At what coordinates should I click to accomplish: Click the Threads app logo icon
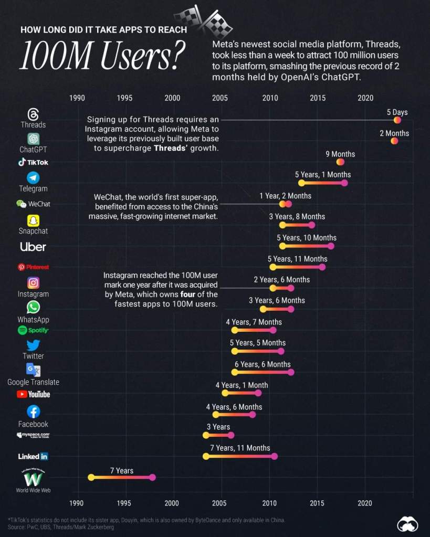pyautogui.click(x=33, y=114)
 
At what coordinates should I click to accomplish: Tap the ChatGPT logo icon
pyautogui.click(x=34, y=139)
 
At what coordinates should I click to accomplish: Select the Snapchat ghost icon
pyautogui.click(x=33, y=220)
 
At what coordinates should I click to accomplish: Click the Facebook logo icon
pyautogui.click(x=33, y=412)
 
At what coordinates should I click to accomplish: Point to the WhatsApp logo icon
pyautogui.click(x=33, y=307)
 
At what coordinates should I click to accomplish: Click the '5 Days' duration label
pyautogui.click(x=397, y=112)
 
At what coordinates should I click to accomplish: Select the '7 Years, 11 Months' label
pyautogui.click(x=240, y=448)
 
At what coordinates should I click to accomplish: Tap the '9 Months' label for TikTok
pyautogui.click(x=340, y=154)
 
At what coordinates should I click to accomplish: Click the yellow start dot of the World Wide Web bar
pyautogui.click(x=91, y=477)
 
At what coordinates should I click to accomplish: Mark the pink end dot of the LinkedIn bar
pyautogui.click(x=274, y=456)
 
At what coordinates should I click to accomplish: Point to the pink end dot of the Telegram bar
pyautogui.click(x=344, y=183)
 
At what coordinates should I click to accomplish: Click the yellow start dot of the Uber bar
pyautogui.click(x=282, y=246)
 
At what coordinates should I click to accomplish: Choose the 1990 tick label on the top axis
pyautogui.click(x=77, y=98)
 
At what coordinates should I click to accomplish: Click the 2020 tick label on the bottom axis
pyautogui.click(x=365, y=503)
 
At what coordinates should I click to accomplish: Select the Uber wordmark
pyautogui.click(x=33, y=247)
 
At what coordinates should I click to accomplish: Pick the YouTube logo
pyautogui.click(x=33, y=394)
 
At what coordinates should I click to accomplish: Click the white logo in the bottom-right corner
pyautogui.click(x=407, y=523)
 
